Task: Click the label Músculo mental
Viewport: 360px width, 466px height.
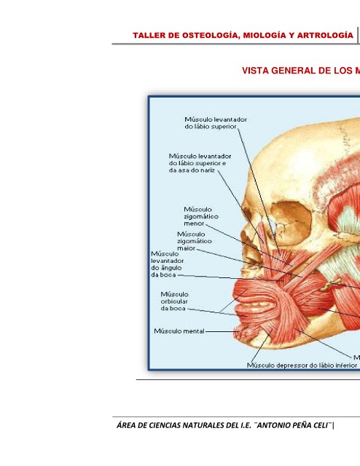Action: (179, 331)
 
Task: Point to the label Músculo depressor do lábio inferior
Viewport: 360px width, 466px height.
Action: (302, 366)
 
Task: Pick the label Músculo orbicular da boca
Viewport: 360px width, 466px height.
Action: (175, 301)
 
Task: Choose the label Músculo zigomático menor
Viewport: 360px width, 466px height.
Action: (201, 216)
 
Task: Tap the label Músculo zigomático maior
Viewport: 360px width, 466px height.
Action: (195, 241)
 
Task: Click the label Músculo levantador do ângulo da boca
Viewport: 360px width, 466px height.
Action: (167, 264)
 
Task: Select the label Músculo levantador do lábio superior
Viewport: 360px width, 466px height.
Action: (216, 123)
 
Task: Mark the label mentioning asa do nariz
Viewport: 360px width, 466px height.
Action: (200, 163)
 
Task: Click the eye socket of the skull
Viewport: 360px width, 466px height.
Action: (291, 221)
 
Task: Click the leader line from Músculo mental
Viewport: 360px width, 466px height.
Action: (222, 331)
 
